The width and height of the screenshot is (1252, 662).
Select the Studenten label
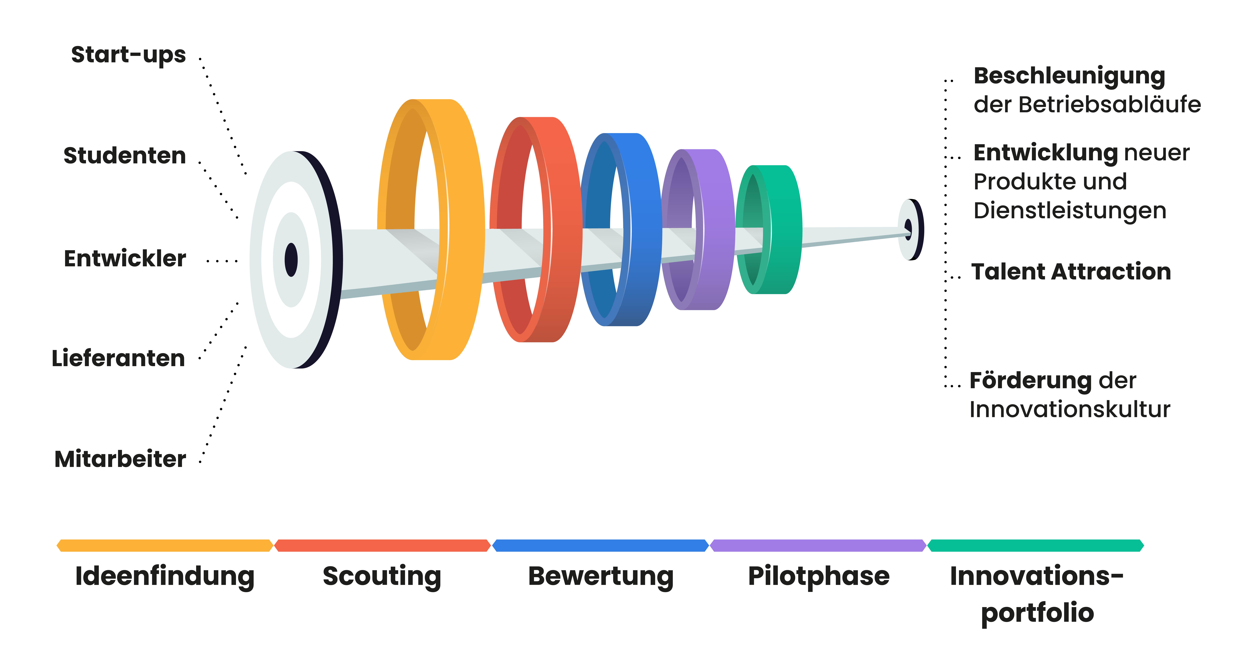125,156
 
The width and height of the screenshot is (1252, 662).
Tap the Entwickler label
125,259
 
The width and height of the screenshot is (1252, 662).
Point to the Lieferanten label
119,358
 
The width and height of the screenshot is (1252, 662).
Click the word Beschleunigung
1069,76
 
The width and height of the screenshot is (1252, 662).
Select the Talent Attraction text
1071,272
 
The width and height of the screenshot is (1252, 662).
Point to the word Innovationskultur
1069,410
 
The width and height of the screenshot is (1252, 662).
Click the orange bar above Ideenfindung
165,545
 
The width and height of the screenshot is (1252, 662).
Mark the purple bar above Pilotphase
818,545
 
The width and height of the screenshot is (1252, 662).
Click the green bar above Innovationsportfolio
1036,545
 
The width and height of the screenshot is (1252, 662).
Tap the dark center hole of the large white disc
291,260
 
